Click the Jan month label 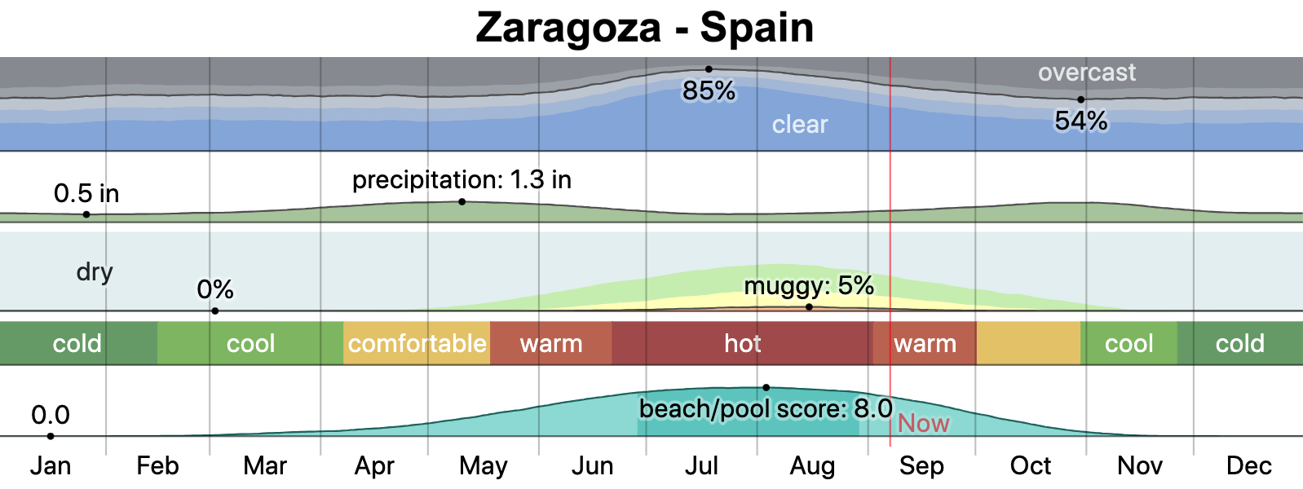tap(51, 466)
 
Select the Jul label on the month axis tap(701, 466)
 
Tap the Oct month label tap(1031, 466)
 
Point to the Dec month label tap(1248, 466)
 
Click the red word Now tap(924, 424)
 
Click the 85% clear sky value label tap(709, 91)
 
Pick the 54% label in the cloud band tap(1081, 121)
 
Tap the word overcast tap(1086, 73)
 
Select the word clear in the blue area tap(800, 125)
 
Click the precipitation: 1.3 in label tap(462, 180)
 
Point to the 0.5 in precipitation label tap(86, 194)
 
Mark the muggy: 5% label tap(809, 286)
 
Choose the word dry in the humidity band tap(95, 271)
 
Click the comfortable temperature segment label tap(417, 344)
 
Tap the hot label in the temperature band tap(742, 344)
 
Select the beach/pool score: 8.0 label tap(766, 409)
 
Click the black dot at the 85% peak tap(709, 69)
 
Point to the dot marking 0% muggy tap(215, 311)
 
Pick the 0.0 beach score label tap(51, 416)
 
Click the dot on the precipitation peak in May tap(462, 201)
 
